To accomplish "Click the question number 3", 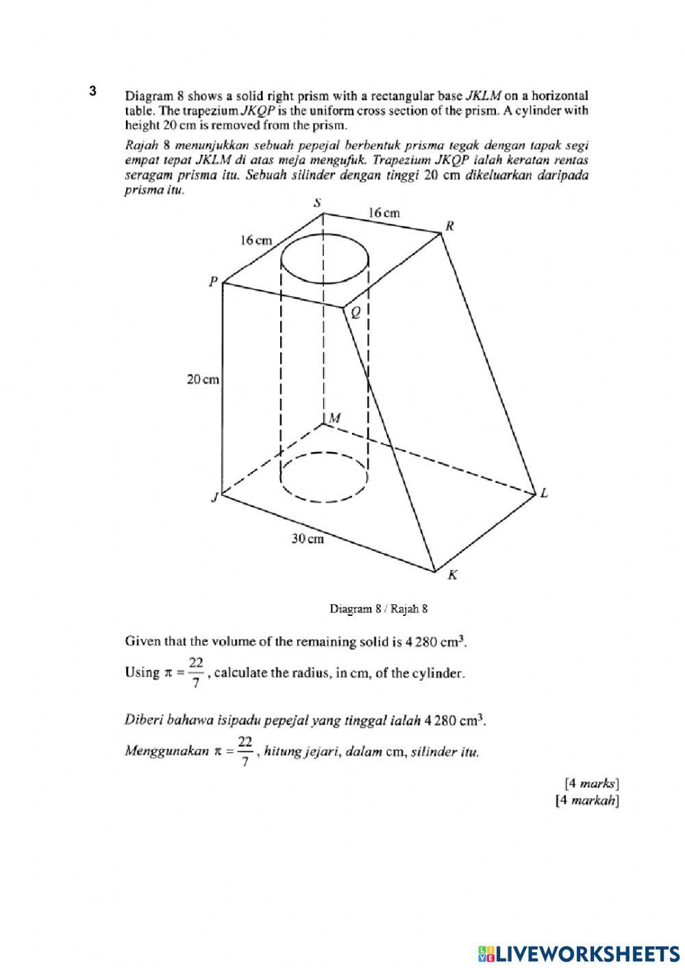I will point(92,91).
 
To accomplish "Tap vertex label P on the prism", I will point(214,281).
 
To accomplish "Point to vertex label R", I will point(450,225).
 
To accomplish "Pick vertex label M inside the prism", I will point(335,418).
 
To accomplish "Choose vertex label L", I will point(544,493).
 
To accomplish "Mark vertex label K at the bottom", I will point(452,575).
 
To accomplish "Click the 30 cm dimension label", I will point(308,539).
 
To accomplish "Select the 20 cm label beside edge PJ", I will point(203,379).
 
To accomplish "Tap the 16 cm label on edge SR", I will point(384,213).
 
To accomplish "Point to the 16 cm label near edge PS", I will point(256,240).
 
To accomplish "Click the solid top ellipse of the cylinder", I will point(325,262).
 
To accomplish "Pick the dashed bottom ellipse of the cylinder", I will point(325,477).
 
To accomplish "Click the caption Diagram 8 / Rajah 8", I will point(379,608).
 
